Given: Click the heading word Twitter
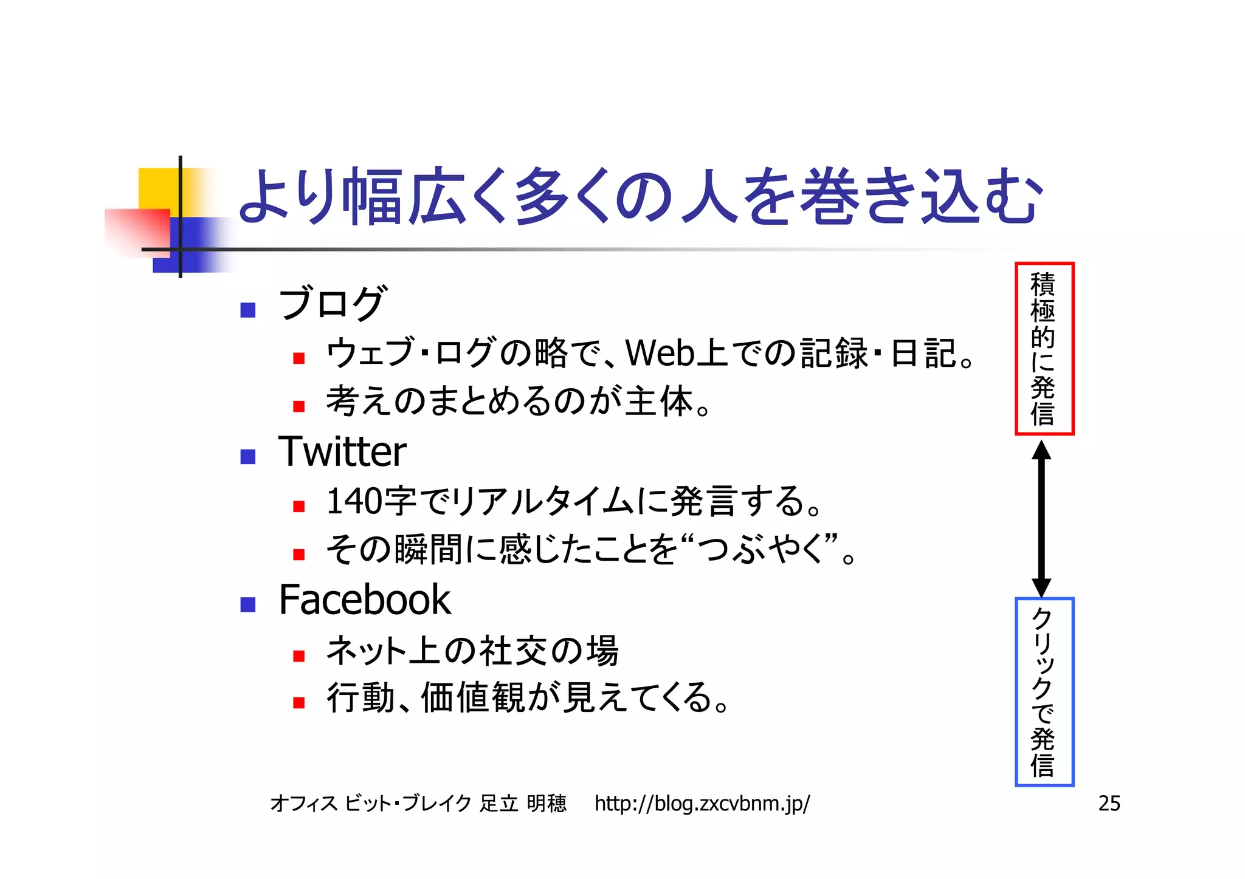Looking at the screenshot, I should point(342,452).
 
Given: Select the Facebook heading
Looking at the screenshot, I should point(365,600).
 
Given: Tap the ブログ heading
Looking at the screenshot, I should point(331,303).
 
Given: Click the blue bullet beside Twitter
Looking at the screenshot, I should point(248,456).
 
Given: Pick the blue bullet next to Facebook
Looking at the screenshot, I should point(248,604).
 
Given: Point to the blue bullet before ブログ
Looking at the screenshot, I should point(248,310).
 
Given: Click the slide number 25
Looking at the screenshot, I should point(1109,804).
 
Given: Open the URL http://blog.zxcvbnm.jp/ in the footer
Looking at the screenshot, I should point(702,804).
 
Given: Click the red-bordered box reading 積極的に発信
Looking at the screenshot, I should point(1044,349).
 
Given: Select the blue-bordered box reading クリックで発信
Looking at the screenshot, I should point(1044,692).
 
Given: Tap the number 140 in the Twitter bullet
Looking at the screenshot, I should point(354,502).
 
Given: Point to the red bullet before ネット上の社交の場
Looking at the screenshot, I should point(298,656).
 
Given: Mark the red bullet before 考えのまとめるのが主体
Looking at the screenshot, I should point(298,406).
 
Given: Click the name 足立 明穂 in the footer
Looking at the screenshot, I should point(523,804).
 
